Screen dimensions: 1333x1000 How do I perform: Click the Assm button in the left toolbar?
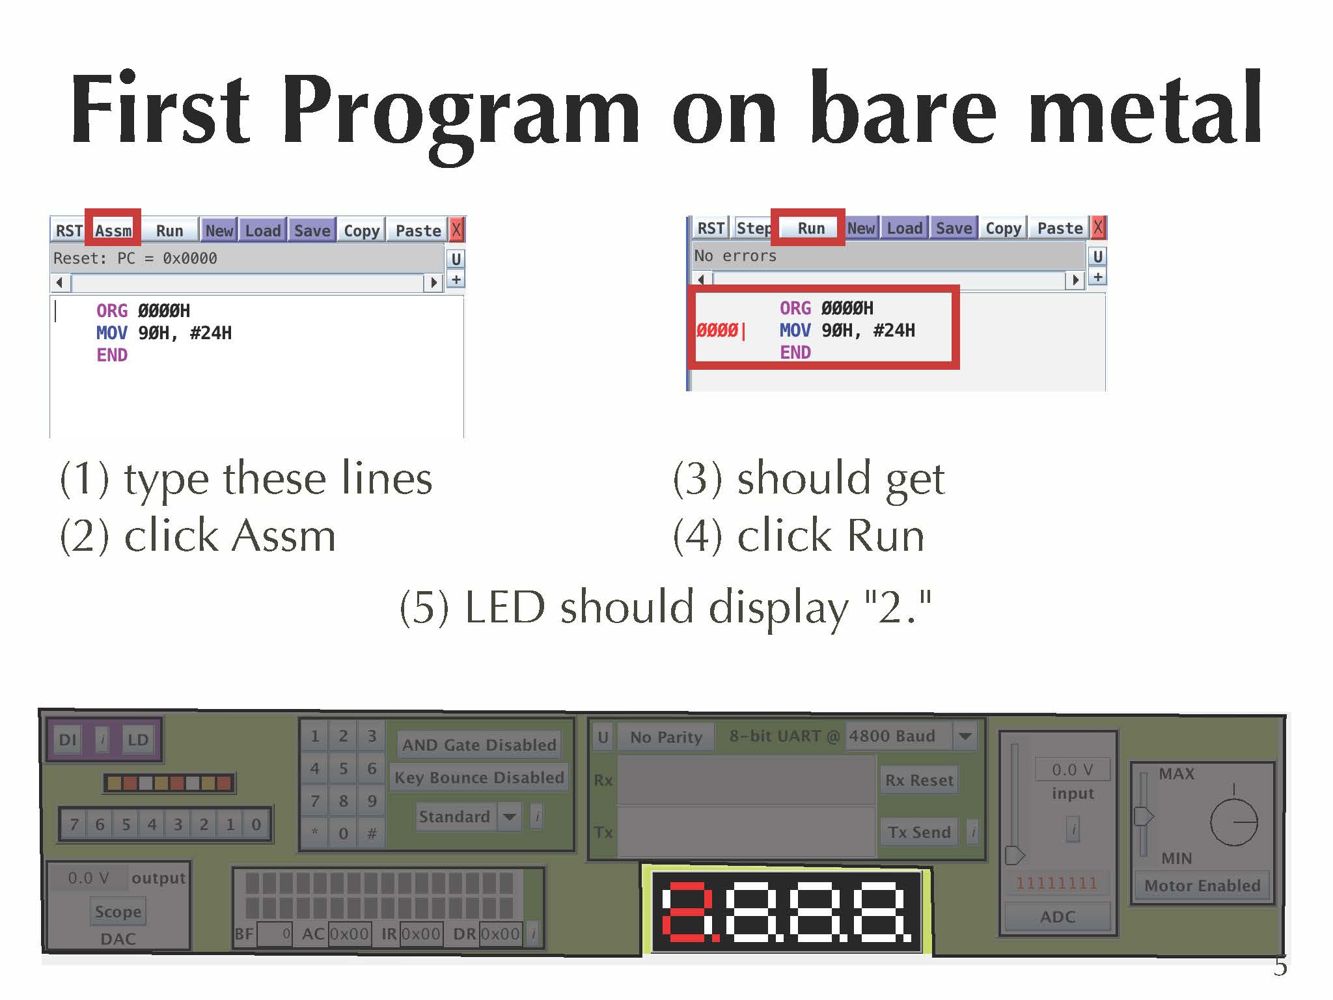113,230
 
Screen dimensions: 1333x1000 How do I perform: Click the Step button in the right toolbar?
753,228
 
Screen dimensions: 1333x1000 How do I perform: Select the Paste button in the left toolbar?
418,230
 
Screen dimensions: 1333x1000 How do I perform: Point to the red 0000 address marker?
717,331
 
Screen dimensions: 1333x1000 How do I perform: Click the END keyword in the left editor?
112,355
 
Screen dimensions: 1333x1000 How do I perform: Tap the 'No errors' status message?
735,256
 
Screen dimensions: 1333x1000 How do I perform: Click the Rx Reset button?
918,780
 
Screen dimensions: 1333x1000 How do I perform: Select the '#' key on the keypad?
372,833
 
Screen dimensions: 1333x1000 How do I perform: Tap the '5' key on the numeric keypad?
343,769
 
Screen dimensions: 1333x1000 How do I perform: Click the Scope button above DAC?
118,911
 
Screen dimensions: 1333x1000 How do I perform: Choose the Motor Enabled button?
1202,885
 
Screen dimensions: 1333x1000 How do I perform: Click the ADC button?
1058,917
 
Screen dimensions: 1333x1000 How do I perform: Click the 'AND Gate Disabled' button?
479,745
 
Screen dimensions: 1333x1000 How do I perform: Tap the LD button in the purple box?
138,740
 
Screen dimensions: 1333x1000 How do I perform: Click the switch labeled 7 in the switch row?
74,824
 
